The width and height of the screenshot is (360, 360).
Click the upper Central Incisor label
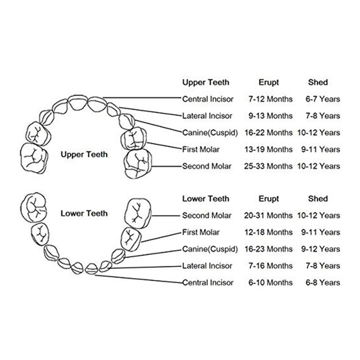208,99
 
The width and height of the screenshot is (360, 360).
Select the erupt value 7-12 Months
270,99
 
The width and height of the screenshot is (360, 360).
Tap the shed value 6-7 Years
323,99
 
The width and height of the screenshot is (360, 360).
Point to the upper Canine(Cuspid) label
210,133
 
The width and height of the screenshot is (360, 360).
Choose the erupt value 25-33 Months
268,166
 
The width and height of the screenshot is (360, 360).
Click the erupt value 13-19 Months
268,149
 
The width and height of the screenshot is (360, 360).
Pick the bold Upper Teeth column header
206,82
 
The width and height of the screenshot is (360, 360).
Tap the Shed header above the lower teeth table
318,198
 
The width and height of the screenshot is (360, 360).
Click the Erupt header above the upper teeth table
269,82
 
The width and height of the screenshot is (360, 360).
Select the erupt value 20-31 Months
268,216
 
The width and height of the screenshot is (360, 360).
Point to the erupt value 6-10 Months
270,283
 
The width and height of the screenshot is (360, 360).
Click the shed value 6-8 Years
323,283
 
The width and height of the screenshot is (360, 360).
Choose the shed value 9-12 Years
320,249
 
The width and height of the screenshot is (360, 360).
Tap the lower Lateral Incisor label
207,266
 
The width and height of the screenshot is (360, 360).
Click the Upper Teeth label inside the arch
84,154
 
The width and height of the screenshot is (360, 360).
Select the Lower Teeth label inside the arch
84,213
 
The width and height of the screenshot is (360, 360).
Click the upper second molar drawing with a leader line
138,164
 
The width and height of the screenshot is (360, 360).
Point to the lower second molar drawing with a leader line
138,214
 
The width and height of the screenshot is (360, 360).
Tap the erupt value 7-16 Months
270,266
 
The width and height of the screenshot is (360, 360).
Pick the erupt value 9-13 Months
270,116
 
